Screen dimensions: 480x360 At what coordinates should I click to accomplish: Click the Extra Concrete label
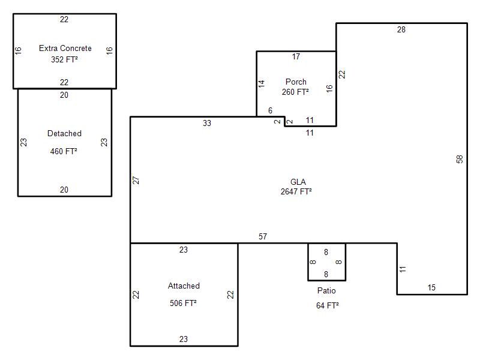click(x=65, y=49)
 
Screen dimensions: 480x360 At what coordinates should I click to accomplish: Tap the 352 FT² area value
click(x=64, y=59)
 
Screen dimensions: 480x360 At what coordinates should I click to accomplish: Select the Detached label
click(x=64, y=133)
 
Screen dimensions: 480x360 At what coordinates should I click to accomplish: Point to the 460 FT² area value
click(x=64, y=151)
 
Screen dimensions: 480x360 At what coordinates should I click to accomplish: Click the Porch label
click(x=296, y=82)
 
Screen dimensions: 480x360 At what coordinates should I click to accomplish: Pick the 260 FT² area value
click(x=295, y=92)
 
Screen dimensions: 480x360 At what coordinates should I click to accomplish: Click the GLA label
click(x=298, y=182)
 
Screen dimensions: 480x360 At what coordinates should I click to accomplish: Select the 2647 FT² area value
click(x=296, y=191)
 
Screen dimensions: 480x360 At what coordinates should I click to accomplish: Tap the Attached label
click(x=184, y=286)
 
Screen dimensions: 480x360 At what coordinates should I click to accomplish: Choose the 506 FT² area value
click(x=183, y=303)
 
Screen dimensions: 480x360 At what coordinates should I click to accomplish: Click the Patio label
click(x=326, y=290)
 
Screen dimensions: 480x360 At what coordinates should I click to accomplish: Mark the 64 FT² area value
click(x=328, y=305)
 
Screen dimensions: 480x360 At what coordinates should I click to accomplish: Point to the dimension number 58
click(x=460, y=159)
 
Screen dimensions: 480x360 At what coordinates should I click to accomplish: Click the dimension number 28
click(x=401, y=29)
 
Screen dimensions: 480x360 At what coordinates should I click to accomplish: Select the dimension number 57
click(x=263, y=236)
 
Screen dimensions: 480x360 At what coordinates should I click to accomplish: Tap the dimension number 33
click(x=207, y=124)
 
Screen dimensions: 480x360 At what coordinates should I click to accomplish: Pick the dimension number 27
click(x=136, y=181)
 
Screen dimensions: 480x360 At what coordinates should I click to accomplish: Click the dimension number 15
click(x=431, y=288)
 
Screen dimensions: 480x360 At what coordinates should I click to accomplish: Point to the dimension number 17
click(x=296, y=56)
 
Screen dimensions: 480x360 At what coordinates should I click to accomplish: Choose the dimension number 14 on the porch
click(x=261, y=84)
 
